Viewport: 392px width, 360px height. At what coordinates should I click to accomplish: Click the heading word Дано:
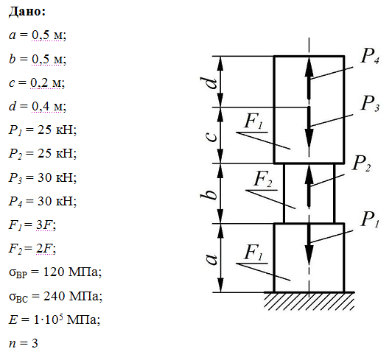[x=27, y=12]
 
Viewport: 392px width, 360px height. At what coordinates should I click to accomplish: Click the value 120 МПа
[x=71, y=272]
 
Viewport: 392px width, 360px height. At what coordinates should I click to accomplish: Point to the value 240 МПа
[x=71, y=296]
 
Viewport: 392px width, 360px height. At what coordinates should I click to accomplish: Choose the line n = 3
[x=24, y=343]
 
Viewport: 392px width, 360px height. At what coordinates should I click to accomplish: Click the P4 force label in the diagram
[x=370, y=56]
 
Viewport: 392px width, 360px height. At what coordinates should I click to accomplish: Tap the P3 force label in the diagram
[x=370, y=103]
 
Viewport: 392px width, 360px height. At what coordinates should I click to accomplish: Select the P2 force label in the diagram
[x=361, y=163]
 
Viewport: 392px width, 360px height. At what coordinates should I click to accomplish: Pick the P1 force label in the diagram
[x=370, y=219]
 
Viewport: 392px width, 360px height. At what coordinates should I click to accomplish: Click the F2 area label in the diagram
[x=263, y=179]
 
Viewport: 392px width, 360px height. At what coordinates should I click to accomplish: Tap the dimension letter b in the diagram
[x=209, y=193]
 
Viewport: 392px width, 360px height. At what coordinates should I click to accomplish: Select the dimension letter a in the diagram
[x=212, y=259]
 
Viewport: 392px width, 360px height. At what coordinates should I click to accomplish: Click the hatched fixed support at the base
[x=309, y=301]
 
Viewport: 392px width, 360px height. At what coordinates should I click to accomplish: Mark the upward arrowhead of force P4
[x=309, y=66]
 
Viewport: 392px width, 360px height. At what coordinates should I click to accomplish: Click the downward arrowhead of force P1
[x=309, y=255]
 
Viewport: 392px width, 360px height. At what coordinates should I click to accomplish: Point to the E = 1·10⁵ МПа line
[x=55, y=320]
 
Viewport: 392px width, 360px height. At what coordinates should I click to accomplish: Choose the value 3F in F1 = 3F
[x=45, y=225]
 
